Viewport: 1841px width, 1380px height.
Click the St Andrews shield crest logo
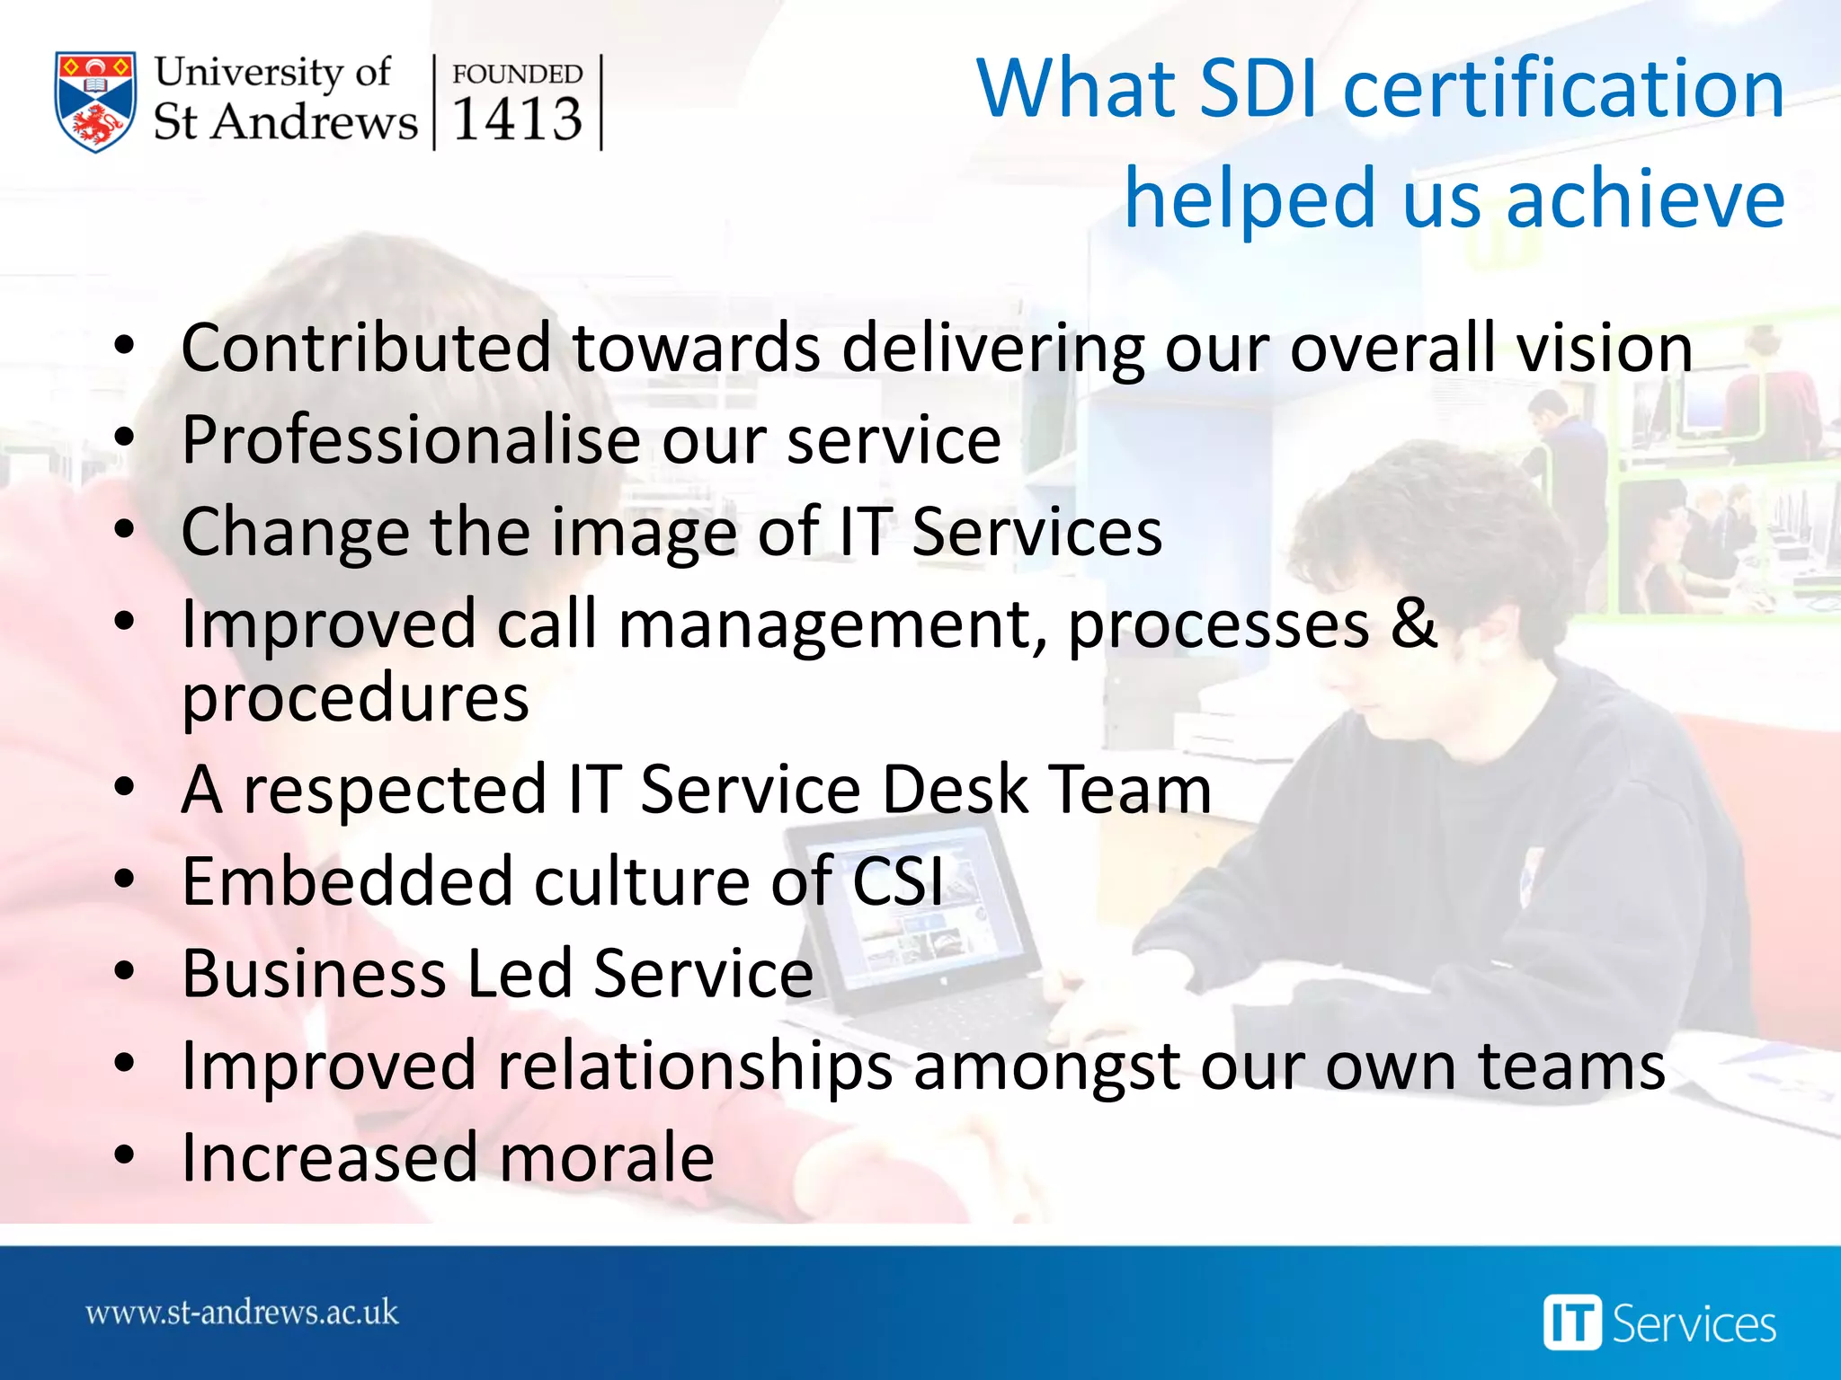(95, 102)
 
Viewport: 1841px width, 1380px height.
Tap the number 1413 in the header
(517, 119)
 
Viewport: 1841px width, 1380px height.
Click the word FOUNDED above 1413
(517, 74)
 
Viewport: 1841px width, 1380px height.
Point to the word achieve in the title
(1645, 199)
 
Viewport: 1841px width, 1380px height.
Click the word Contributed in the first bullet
(366, 348)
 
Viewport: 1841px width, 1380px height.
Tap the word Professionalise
(410, 440)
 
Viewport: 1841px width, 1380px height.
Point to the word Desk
(955, 790)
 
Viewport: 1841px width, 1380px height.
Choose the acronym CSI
(897, 881)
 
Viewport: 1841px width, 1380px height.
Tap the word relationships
(694, 1066)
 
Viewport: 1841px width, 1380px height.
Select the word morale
(607, 1158)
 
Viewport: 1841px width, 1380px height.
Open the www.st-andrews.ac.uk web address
(242, 1313)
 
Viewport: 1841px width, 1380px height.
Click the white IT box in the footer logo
(1572, 1322)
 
